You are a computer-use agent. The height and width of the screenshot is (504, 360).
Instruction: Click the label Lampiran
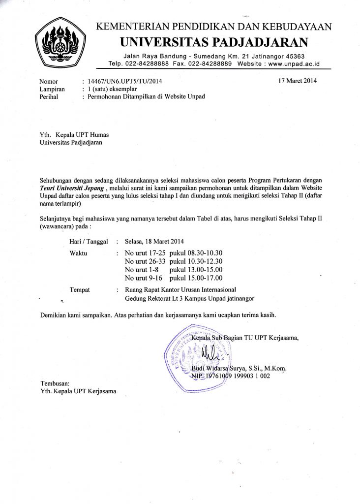(52, 89)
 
